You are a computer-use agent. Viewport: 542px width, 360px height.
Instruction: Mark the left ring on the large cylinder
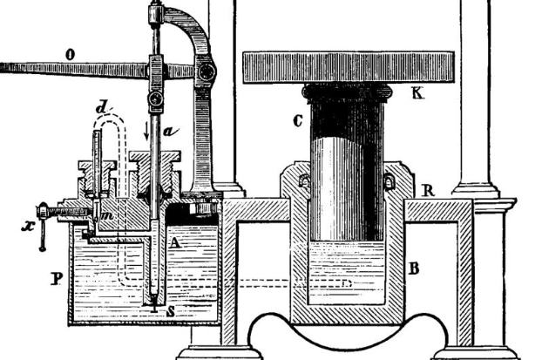tap(305, 182)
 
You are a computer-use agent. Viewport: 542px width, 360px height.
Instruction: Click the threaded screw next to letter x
tap(65, 213)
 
